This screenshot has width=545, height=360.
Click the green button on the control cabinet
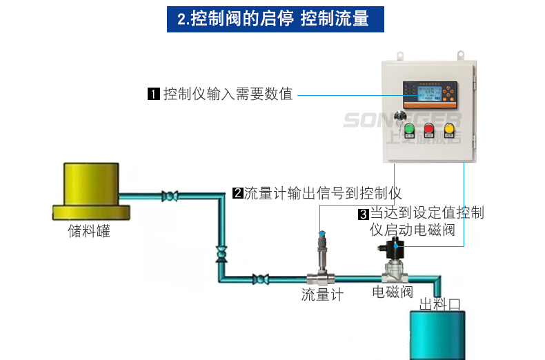(408, 128)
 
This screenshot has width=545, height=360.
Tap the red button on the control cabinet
(429, 128)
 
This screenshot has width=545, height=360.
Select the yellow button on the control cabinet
(450, 128)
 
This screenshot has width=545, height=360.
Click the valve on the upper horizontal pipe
(168, 197)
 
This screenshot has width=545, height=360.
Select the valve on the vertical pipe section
(221, 253)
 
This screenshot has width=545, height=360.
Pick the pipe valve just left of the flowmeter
(259, 279)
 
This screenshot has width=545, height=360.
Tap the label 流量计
(322, 295)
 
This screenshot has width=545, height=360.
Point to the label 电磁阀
(393, 292)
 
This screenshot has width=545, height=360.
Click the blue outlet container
(439, 334)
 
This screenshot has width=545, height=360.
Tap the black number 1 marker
(154, 94)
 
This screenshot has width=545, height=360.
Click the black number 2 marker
(237, 193)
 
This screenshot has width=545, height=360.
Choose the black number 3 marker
(364, 214)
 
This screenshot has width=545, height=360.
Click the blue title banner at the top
(275, 19)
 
